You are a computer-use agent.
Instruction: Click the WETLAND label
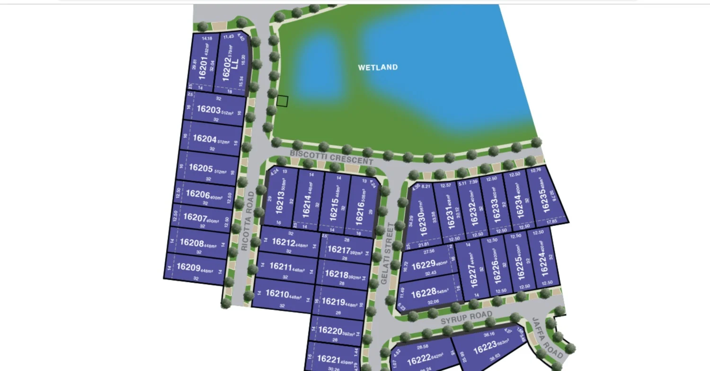coord(378,67)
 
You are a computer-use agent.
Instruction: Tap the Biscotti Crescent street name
coord(331,157)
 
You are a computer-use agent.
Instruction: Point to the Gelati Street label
coord(387,254)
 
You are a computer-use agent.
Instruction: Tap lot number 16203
coord(209,109)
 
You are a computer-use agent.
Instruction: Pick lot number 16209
coord(188,267)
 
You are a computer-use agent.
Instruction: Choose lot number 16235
coord(545,200)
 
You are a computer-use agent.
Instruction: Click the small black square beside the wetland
coord(282,101)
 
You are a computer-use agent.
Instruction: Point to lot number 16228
coord(424,294)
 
